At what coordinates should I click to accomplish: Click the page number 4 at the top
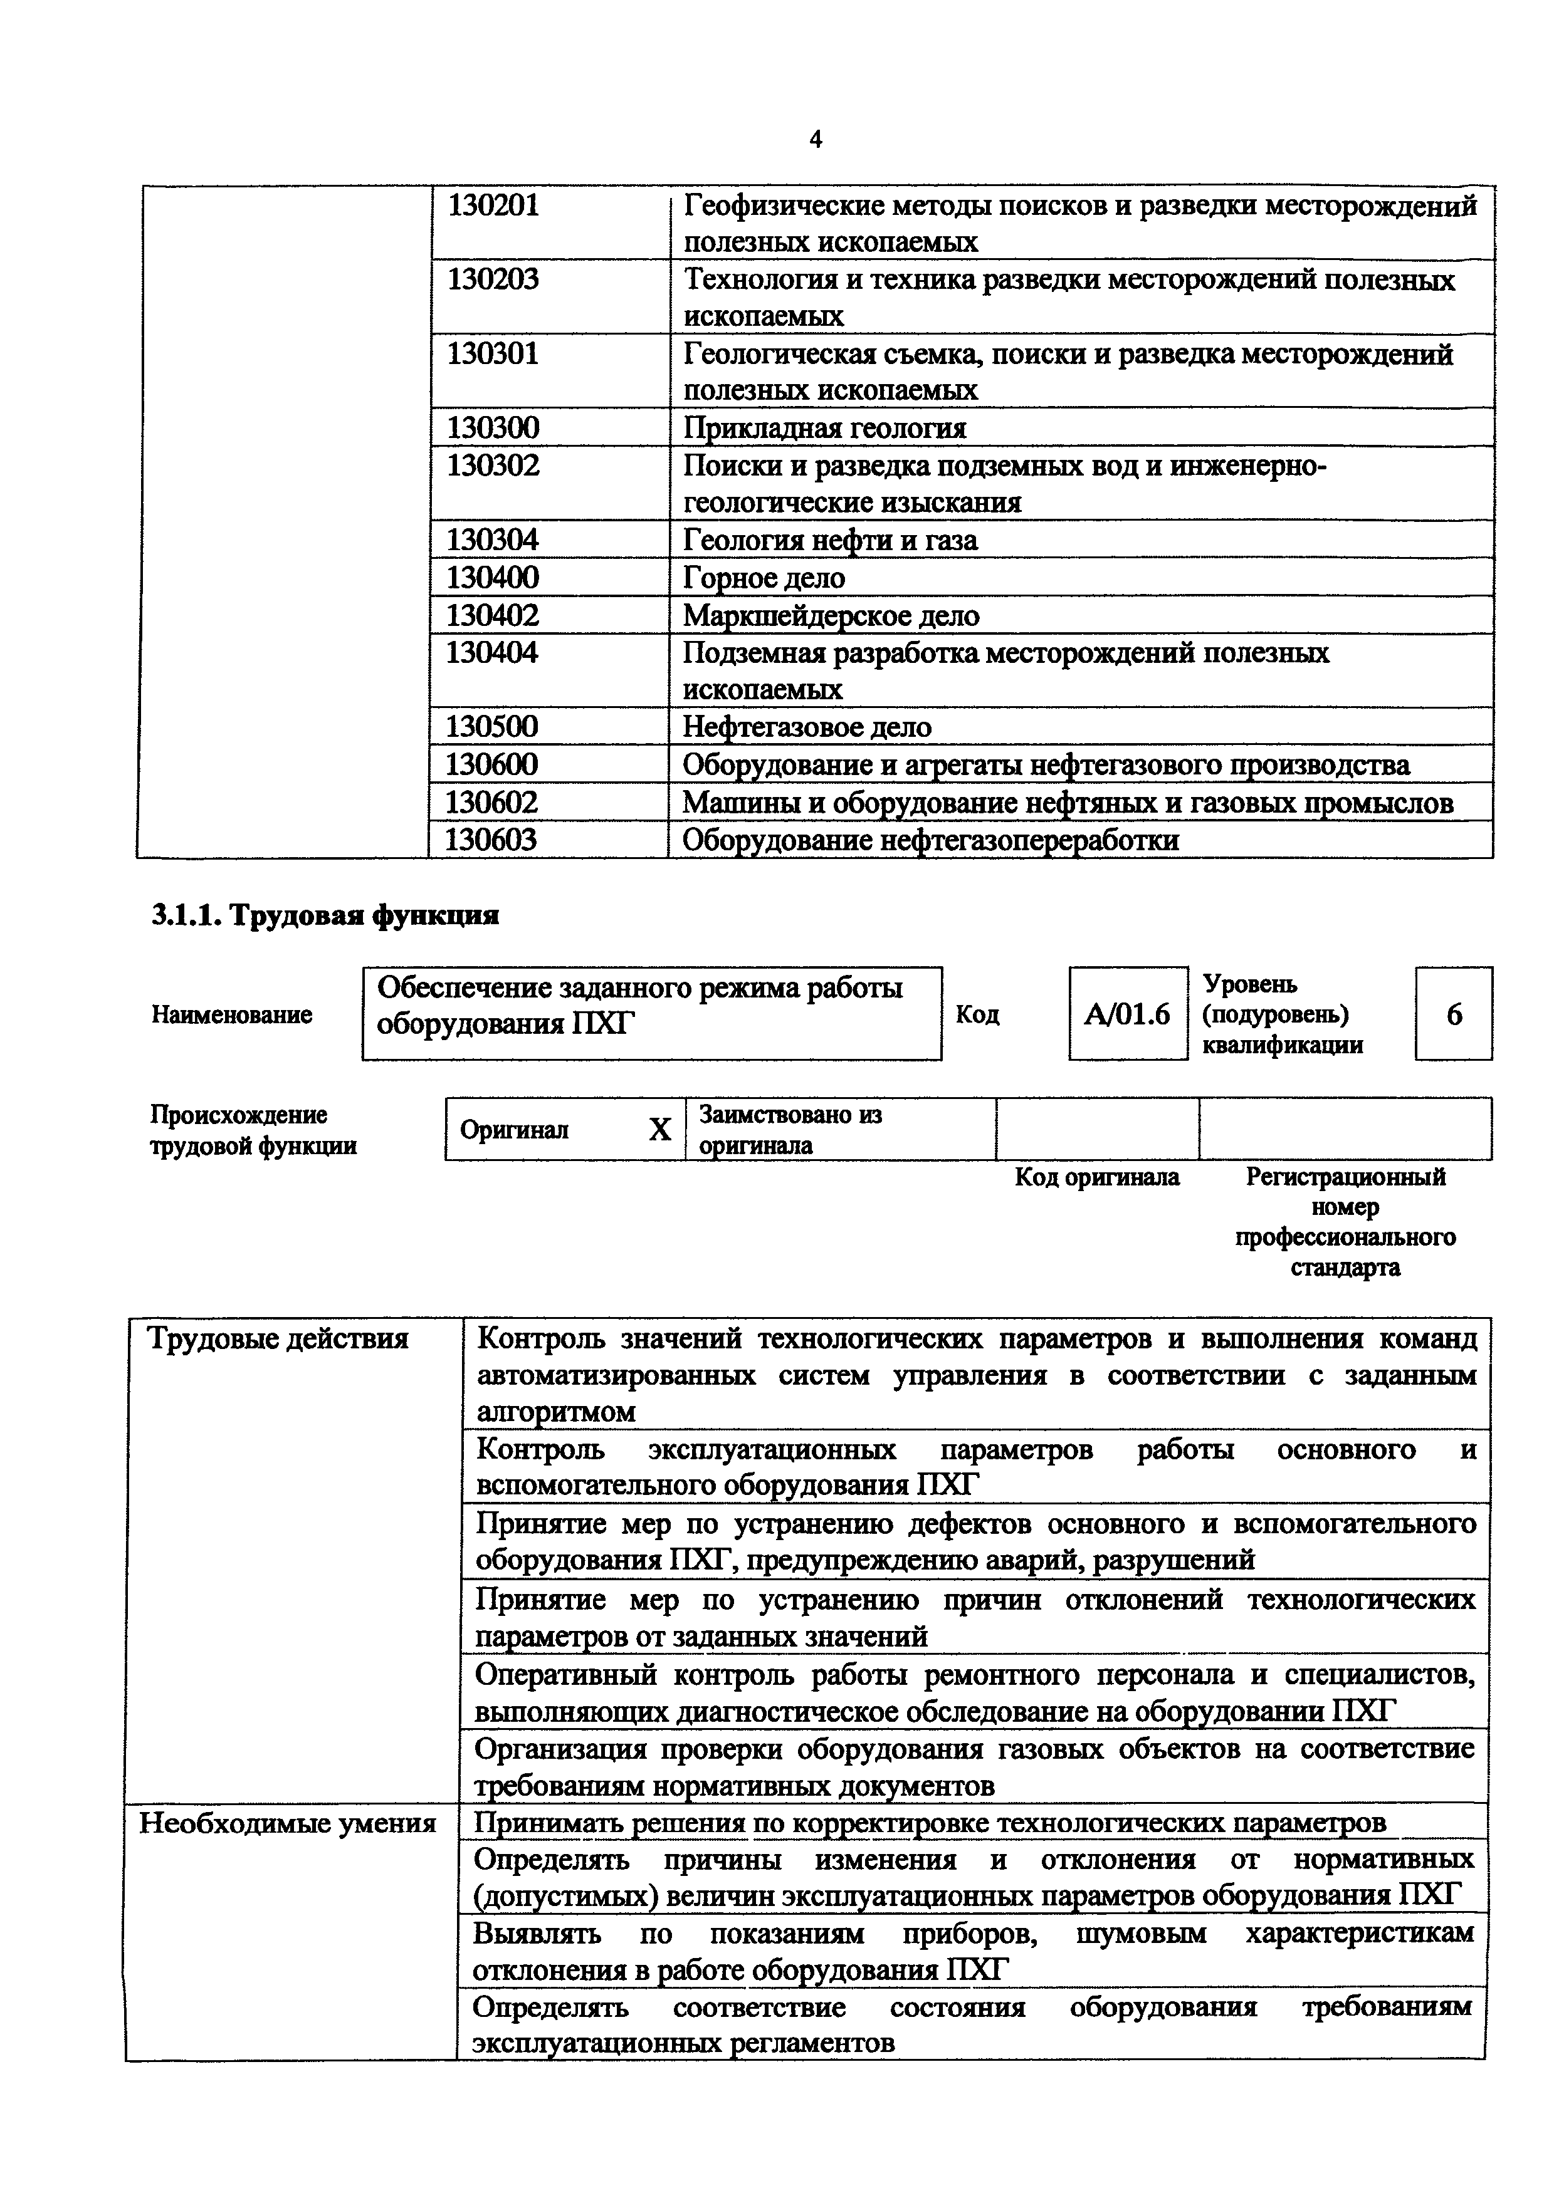(815, 140)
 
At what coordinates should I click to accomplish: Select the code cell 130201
(493, 205)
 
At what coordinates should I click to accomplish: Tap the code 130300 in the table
(493, 427)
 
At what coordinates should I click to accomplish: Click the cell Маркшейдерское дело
(831, 615)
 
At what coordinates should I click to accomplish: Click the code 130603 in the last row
(491, 840)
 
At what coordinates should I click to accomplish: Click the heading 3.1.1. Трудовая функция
(325, 915)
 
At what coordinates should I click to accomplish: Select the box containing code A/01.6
(1127, 1014)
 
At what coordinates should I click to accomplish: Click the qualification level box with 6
(1454, 1014)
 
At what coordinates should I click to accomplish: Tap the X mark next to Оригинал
(659, 1130)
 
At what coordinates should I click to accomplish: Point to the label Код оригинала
(1097, 1177)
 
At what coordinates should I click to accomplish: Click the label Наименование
(232, 1015)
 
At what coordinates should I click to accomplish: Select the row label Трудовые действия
(278, 1338)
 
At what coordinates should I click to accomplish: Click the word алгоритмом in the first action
(555, 1412)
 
